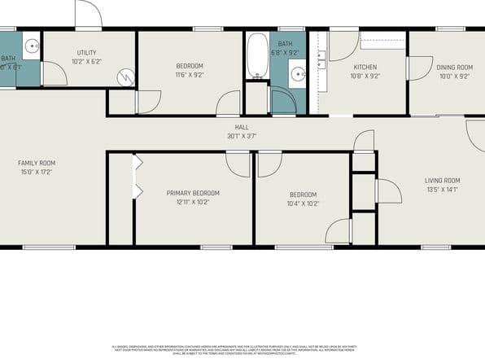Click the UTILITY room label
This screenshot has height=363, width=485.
point(86,52)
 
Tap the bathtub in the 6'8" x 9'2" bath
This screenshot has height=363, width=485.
point(256,55)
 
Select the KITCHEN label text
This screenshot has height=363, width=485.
point(364,67)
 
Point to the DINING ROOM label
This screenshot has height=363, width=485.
point(454,68)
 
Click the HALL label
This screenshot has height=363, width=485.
point(242,127)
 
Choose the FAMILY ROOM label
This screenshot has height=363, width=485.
point(37,163)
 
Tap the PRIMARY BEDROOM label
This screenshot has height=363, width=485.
point(193,193)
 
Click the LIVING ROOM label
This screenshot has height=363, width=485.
point(443,181)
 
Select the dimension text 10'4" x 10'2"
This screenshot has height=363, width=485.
point(302,203)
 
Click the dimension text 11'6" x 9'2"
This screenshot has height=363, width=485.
point(190,75)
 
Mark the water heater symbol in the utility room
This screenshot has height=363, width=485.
point(126,77)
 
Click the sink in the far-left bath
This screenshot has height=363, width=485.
point(29,46)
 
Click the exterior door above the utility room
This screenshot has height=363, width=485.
point(88,15)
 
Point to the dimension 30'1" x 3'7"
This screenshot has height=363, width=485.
point(242,136)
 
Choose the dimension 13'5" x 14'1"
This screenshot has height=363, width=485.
point(443,190)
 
